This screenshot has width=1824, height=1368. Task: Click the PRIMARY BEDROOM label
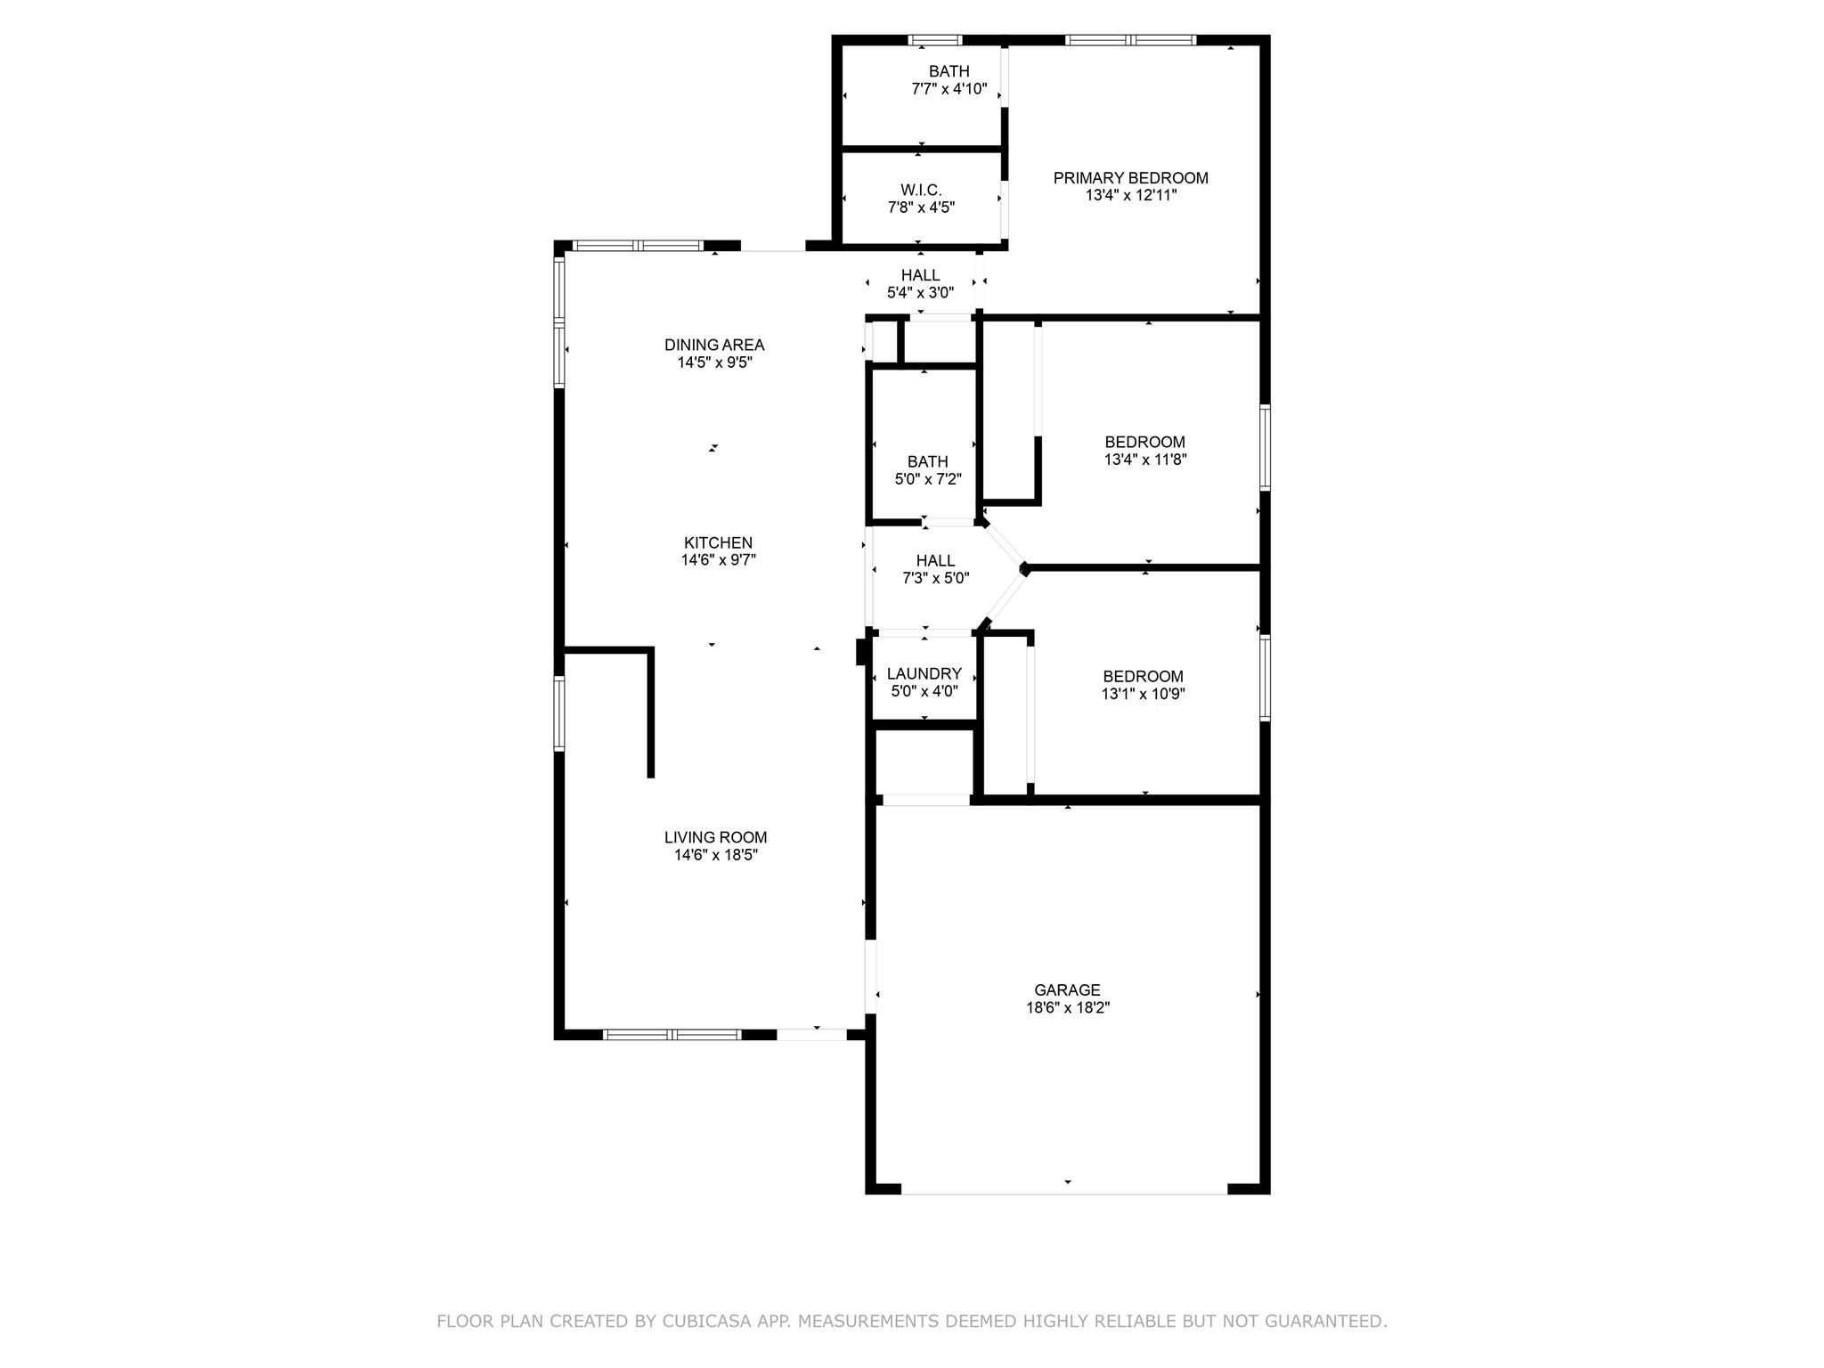point(1130,178)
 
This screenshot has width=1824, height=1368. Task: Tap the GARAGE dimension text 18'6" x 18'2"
point(1067,1008)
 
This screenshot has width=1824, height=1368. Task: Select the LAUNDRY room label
point(924,673)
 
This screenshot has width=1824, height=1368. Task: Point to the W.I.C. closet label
point(921,190)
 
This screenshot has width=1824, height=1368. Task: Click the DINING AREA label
point(714,345)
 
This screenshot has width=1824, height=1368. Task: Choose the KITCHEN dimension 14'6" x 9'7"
point(718,560)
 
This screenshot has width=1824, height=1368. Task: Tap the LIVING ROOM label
point(715,837)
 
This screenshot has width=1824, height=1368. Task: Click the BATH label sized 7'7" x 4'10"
point(949,71)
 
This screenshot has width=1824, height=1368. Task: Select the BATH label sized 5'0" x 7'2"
point(927,461)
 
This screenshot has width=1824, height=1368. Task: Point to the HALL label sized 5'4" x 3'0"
point(920,275)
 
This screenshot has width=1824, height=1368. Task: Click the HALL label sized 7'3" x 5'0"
point(935,560)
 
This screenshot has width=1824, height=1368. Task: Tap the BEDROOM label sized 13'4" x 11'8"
point(1144,442)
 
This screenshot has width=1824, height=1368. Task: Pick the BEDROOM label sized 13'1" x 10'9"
point(1143,676)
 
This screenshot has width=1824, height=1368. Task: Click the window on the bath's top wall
point(935,40)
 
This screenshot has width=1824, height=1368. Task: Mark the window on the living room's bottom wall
point(672,1034)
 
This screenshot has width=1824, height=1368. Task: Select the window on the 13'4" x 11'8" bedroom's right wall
point(1265,446)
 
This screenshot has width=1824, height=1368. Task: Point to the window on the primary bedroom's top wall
point(1130,40)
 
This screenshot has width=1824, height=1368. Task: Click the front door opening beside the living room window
point(811,1034)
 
